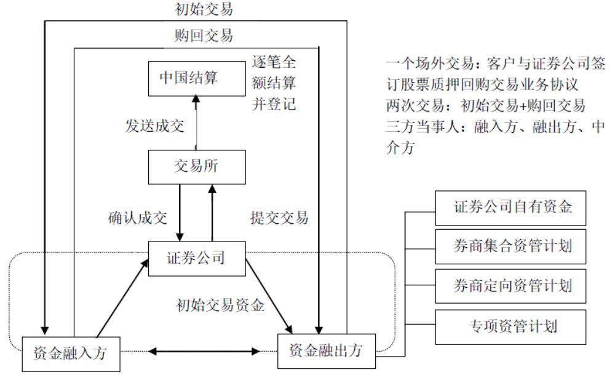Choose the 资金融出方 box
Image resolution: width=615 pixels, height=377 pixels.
[325, 351]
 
